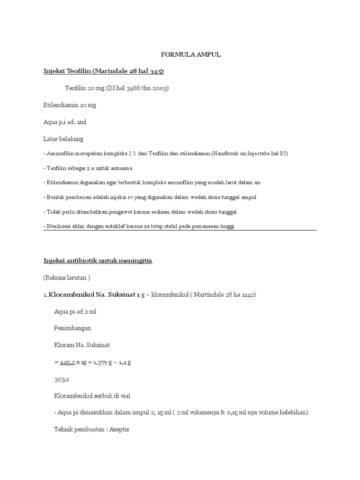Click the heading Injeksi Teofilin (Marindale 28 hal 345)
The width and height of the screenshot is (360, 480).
pyautogui.click(x=104, y=71)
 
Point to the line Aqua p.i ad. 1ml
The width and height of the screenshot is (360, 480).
pyautogui.click(x=65, y=122)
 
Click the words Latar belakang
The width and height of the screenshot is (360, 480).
pyautogui.click(x=63, y=139)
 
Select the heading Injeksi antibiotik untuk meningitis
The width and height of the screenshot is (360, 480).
pyautogui.click(x=98, y=261)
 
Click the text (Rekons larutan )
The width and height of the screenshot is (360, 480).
pyautogui.click(x=67, y=277)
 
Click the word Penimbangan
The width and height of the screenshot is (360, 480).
pyautogui.click(x=73, y=328)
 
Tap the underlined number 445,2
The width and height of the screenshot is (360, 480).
pyautogui.click(x=67, y=362)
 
